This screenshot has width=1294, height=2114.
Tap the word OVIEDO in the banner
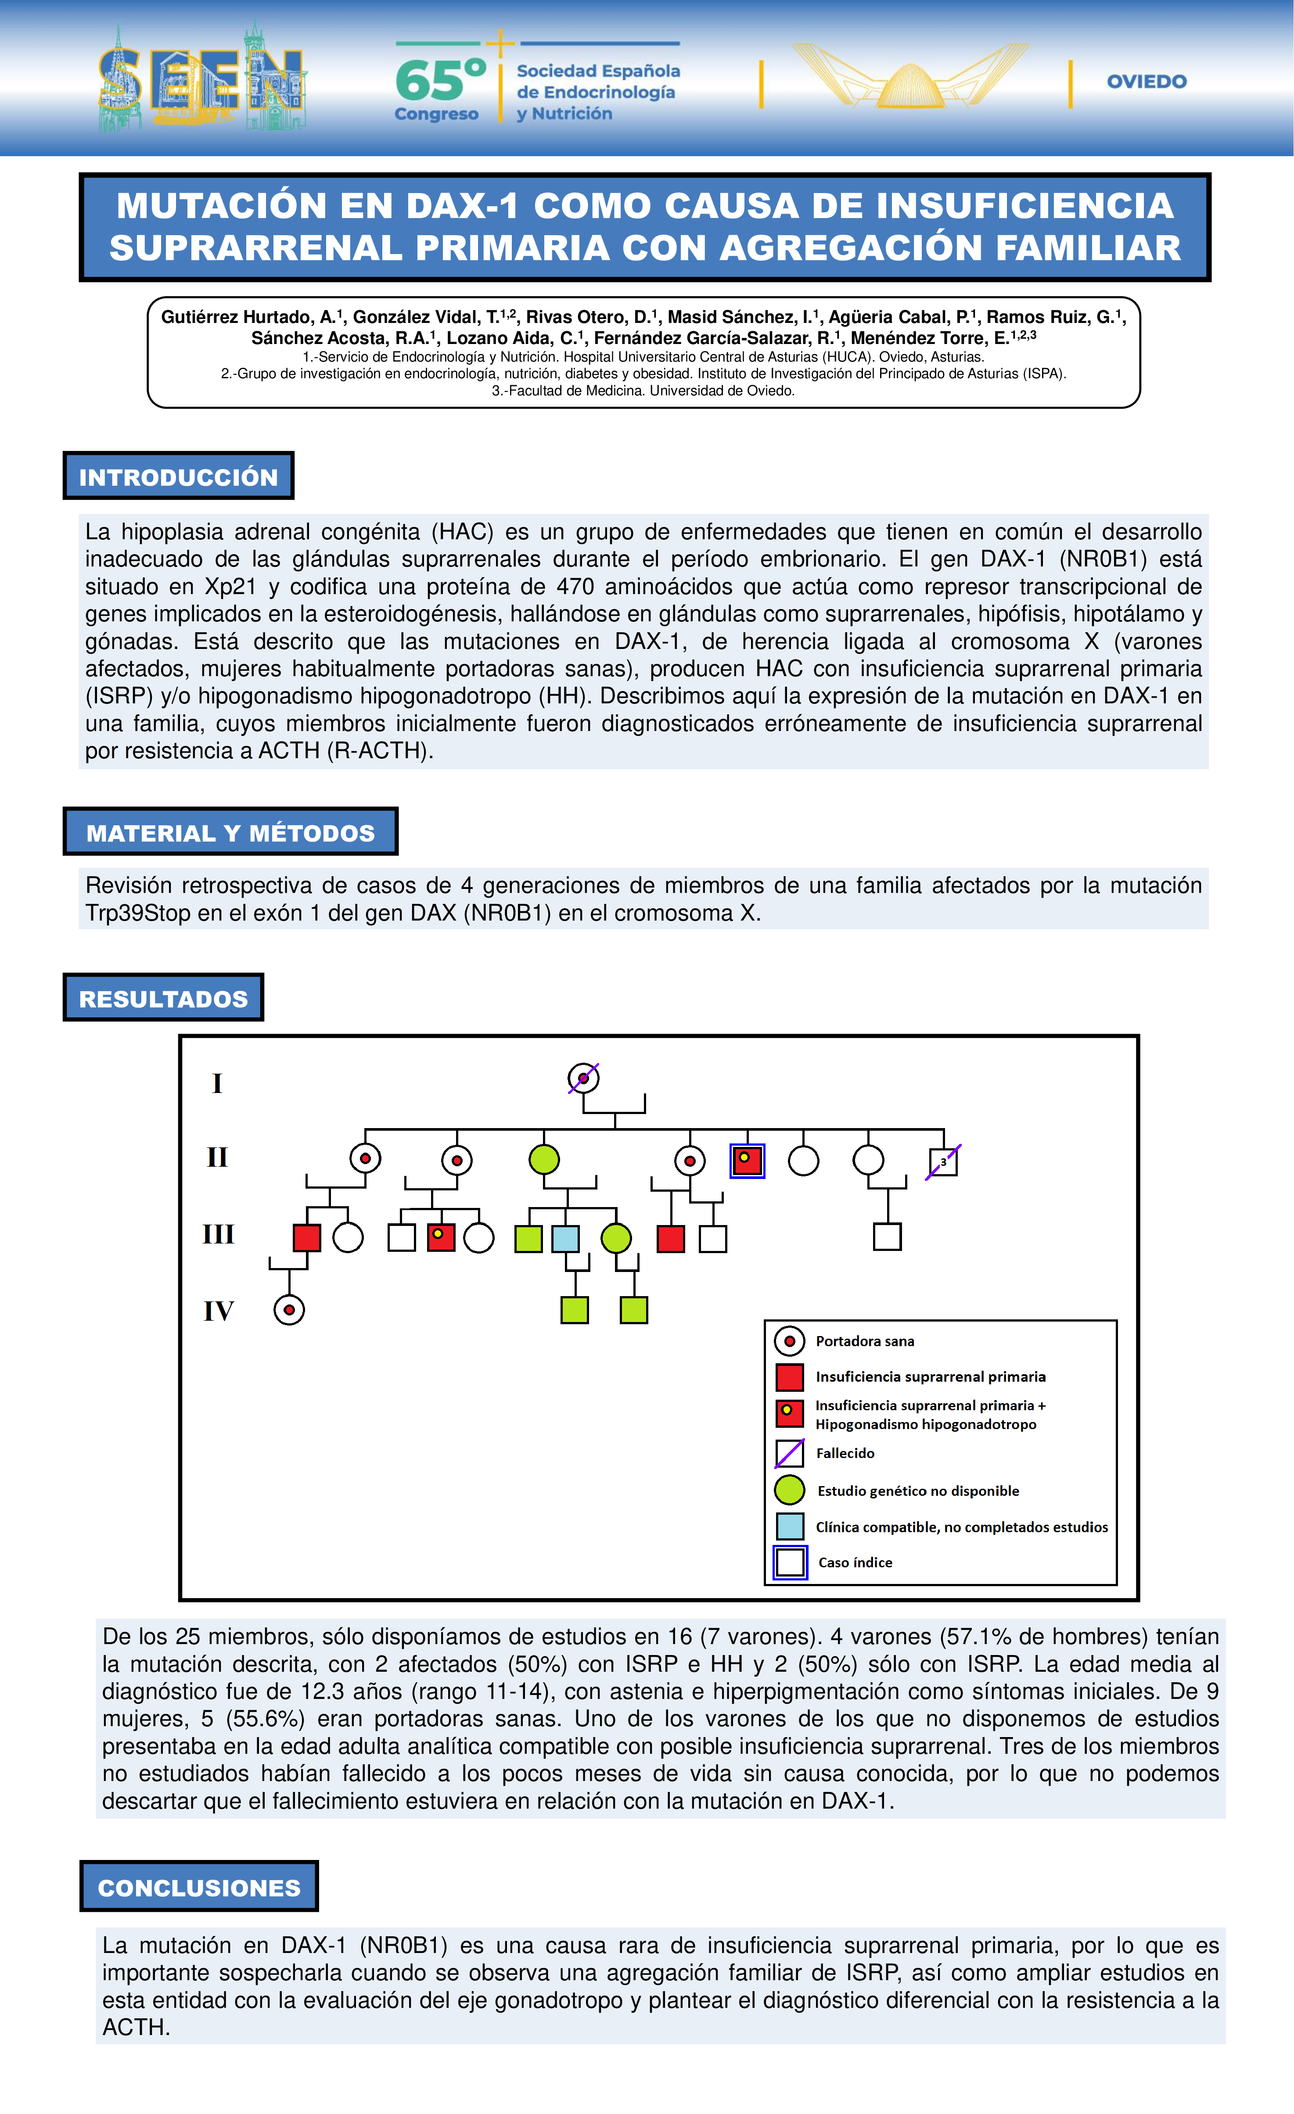[x=1147, y=82]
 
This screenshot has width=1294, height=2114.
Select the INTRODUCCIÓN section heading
[x=179, y=477]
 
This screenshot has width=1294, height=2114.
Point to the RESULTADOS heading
[x=163, y=999]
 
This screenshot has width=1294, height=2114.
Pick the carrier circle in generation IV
[x=289, y=1310]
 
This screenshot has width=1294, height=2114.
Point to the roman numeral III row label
[x=218, y=1235]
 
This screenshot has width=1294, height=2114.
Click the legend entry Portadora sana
[x=864, y=1341]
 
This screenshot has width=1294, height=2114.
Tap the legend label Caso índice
[x=855, y=1562]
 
